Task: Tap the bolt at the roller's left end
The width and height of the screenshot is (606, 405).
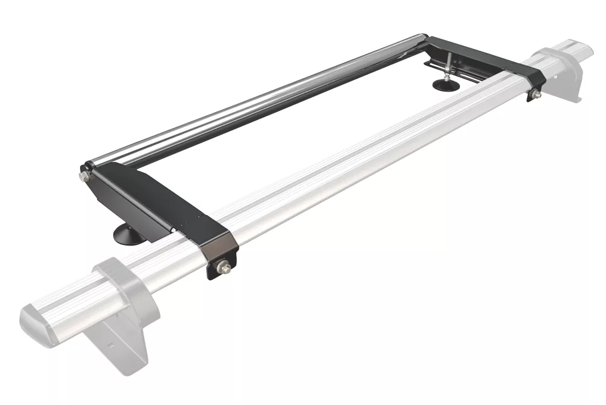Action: click(x=82, y=176)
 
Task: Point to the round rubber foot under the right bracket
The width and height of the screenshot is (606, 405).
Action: click(x=446, y=84)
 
